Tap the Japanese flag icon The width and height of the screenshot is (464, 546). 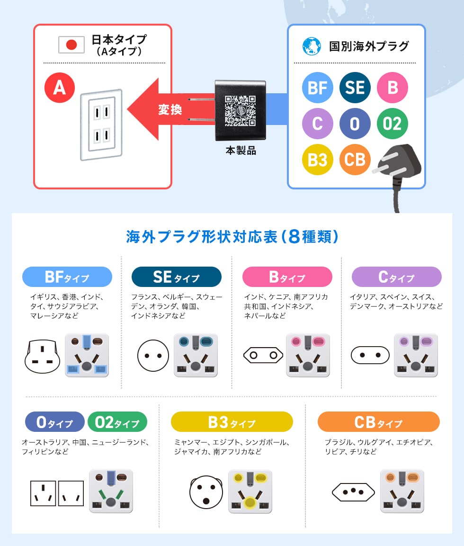pyautogui.click(x=71, y=45)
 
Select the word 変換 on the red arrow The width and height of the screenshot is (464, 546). pyautogui.click(x=170, y=110)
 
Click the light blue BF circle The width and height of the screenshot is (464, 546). pyautogui.click(x=317, y=88)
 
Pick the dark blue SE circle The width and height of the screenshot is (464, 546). pyautogui.click(x=355, y=88)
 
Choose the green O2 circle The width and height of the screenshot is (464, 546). pyautogui.click(x=392, y=124)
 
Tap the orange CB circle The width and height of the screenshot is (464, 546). pyautogui.click(x=355, y=160)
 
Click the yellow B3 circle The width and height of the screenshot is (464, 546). pyautogui.click(x=317, y=160)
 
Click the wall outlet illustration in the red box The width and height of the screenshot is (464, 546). pyautogui.click(x=101, y=125)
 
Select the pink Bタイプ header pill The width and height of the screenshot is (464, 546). pyautogui.click(x=287, y=277)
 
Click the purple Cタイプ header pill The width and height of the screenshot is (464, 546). pyautogui.click(x=396, y=277)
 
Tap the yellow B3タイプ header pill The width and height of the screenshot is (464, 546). pyautogui.click(x=232, y=422)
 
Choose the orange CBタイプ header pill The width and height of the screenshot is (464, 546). pyautogui.click(x=378, y=422)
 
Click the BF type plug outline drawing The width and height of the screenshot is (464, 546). pyautogui.click(x=43, y=356)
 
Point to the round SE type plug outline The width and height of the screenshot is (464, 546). pyautogui.click(x=153, y=356)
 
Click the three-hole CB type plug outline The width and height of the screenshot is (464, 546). pyautogui.click(x=353, y=492)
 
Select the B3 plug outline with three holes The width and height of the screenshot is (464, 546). pyautogui.click(x=206, y=492)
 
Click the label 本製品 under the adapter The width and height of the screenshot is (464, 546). pyautogui.click(x=241, y=151)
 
